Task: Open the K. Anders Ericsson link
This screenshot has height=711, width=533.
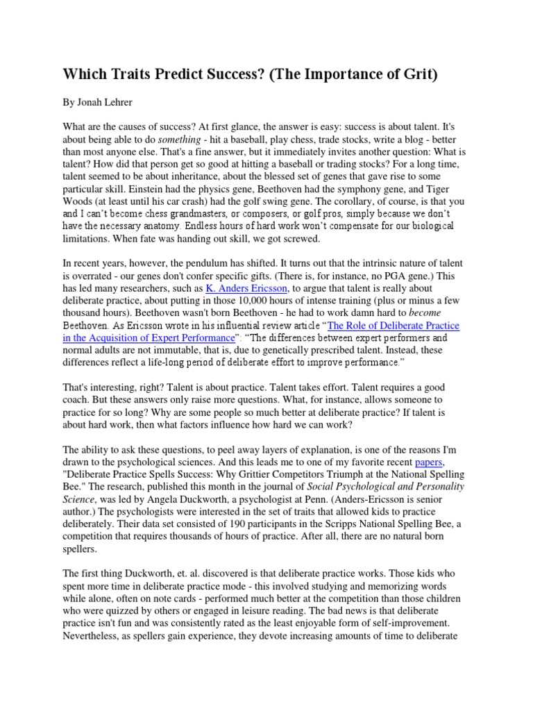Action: (246, 288)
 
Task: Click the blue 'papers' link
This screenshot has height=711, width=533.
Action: (429, 442)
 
